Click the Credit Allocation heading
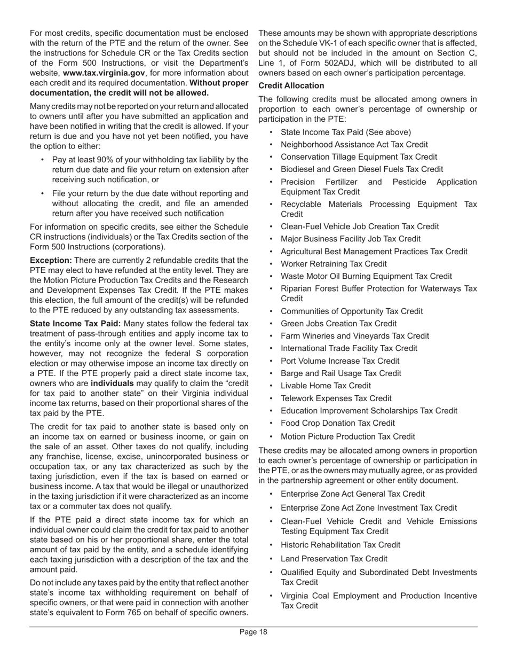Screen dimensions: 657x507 point(291,85)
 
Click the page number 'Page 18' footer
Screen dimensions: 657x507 point(253,632)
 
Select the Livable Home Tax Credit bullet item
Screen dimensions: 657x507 point(326,386)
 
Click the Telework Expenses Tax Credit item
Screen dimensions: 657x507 point(336,398)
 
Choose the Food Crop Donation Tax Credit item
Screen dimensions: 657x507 point(338,423)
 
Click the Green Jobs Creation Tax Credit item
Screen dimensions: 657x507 point(338,323)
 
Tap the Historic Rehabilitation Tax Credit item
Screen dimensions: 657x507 point(340,545)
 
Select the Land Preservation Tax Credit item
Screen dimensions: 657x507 point(334,559)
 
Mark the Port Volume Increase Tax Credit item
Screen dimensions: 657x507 point(339,361)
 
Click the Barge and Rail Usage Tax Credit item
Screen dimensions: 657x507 point(340,373)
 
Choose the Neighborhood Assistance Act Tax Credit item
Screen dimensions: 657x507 point(354,144)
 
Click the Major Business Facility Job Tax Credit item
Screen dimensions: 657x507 point(350,239)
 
